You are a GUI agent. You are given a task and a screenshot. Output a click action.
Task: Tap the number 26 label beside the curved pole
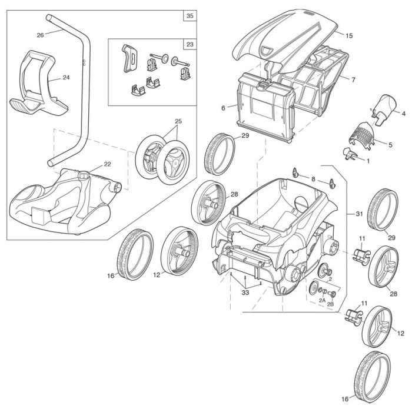point(40,35)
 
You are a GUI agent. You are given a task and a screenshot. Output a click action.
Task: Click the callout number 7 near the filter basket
point(353,79)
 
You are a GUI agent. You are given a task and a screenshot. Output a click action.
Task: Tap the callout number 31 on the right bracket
point(352,213)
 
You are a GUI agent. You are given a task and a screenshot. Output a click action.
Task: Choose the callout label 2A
point(322,300)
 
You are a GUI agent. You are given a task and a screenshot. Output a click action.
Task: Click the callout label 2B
point(330,304)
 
